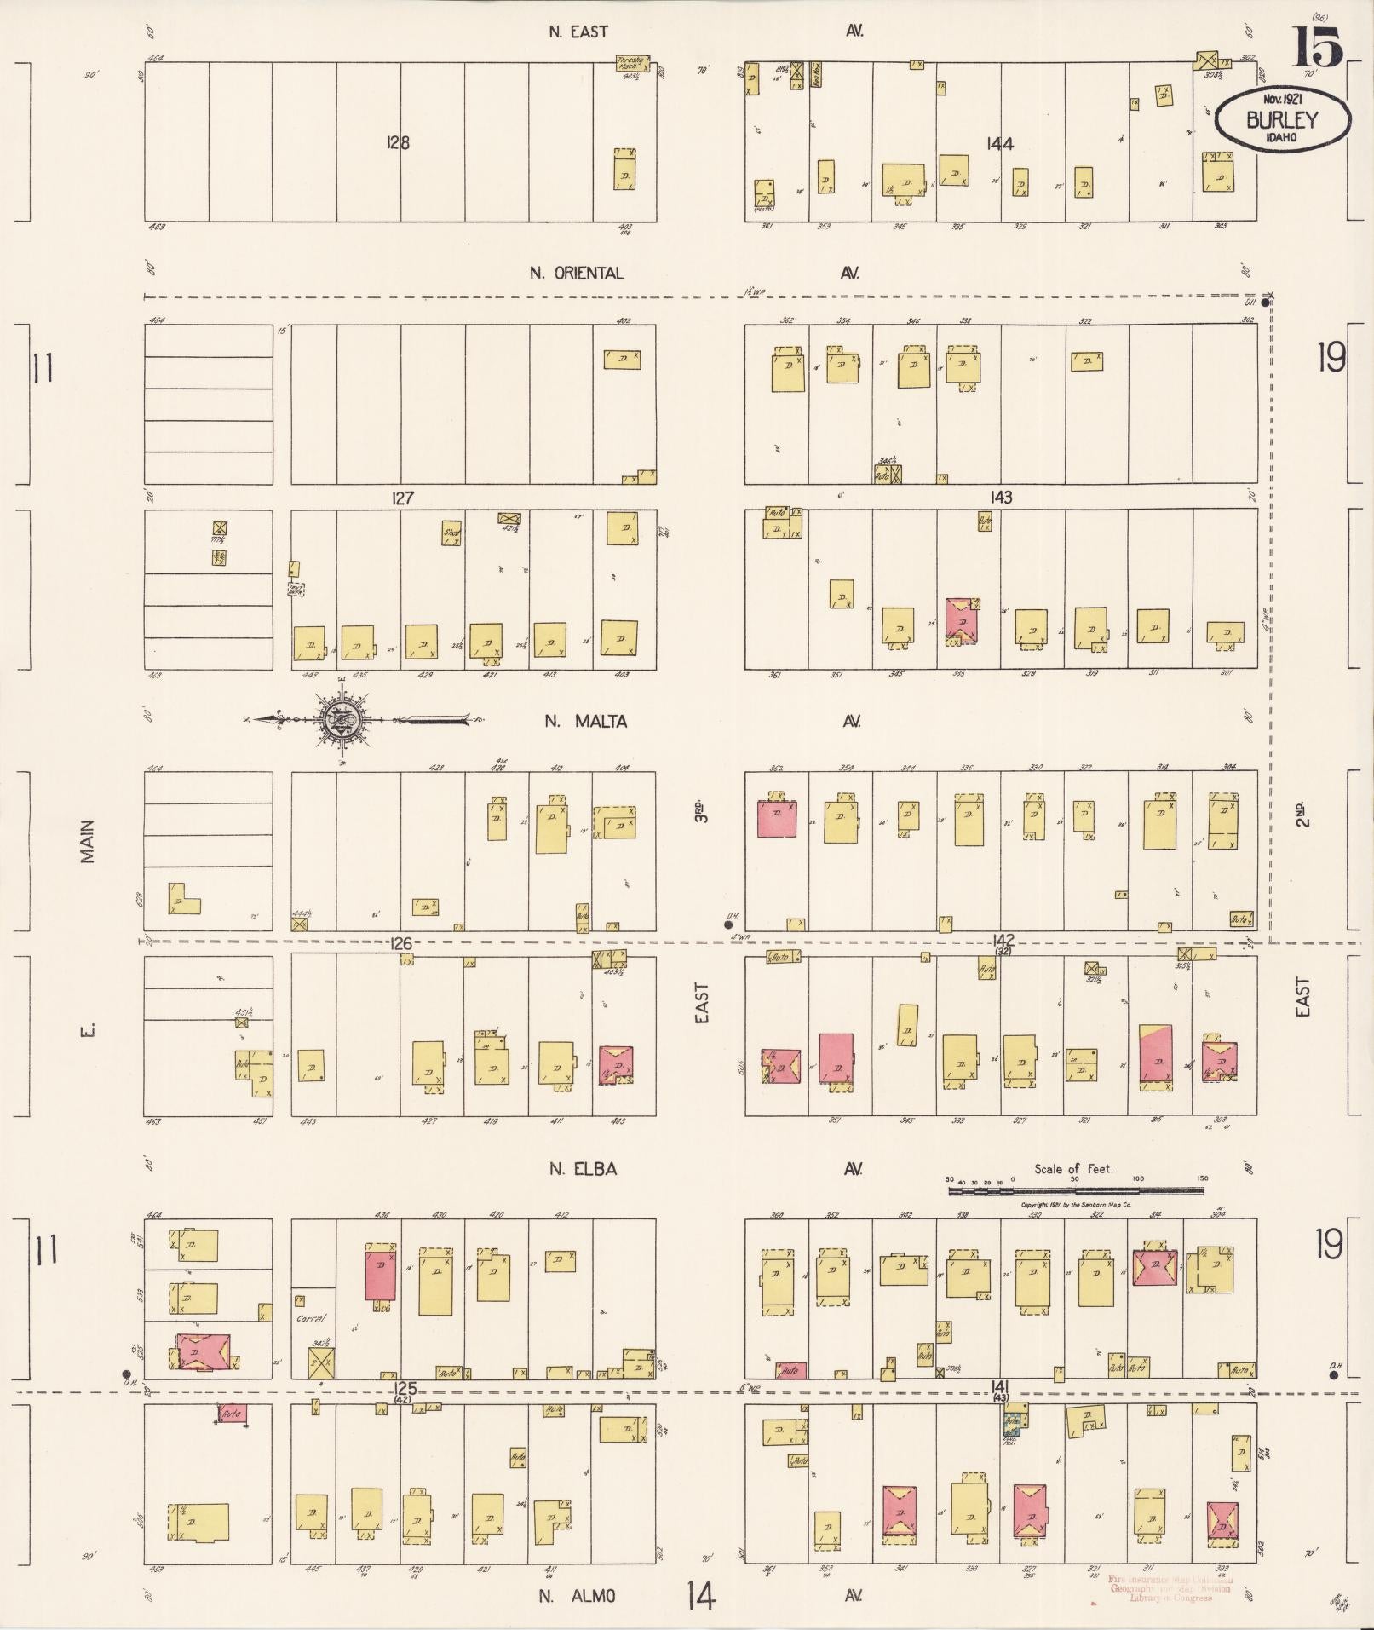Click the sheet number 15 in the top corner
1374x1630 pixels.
pyautogui.click(x=1319, y=47)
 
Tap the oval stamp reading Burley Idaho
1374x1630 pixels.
pyautogui.click(x=1281, y=120)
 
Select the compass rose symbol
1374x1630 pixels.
pyautogui.click(x=339, y=720)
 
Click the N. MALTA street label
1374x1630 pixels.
pyautogui.click(x=586, y=722)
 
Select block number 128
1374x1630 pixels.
pyautogui.click(x=397, y=142)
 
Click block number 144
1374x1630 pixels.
pyautogui.click(x=999, y=144)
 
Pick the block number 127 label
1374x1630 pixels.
pyautogui.click(x=402, y=498)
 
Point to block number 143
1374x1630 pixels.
pyautogui.click(x=1001, y=497)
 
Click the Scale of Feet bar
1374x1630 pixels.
pyautogui.click(x=1076, y=1190)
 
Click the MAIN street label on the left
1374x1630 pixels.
pyautogui.click(x=88, y=842)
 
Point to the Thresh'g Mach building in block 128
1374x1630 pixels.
pyautogui.click(x=632, y=63)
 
